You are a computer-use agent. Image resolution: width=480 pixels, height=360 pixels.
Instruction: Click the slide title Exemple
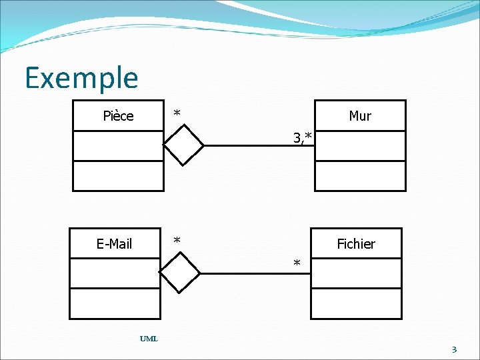pos(81,77)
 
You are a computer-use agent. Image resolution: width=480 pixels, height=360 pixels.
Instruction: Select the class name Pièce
pos(118,116)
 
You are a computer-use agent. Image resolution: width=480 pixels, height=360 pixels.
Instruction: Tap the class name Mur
pos(360,116)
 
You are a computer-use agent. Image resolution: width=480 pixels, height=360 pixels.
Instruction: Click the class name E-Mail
pos(115,244)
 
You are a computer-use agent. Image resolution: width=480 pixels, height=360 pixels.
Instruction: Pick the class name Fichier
pos(356,244)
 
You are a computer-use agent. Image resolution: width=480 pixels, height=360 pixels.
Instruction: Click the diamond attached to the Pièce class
pos(184,144)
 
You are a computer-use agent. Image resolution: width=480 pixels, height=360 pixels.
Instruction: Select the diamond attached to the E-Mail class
pos(180,273)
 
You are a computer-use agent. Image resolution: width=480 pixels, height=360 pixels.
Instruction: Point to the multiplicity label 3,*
pos(302,138)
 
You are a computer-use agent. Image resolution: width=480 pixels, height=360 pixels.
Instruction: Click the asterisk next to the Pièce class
pos(177,113)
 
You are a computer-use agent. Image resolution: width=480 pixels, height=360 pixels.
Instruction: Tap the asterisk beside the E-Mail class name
pos(177,240)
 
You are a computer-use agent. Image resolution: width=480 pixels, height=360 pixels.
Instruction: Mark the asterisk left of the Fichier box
pos(298,264)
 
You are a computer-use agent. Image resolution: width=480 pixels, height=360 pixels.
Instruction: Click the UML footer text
pos(149,339)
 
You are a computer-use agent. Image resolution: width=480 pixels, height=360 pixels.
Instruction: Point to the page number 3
pos(454,349)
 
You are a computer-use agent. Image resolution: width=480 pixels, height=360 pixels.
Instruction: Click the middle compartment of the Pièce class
pos(118,146)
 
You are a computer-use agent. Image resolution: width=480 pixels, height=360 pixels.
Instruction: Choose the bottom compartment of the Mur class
pos(360,176)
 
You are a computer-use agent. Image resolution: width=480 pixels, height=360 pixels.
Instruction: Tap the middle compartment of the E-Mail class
pos(115,273)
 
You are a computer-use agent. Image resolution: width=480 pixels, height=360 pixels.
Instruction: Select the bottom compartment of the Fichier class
pos(356,304)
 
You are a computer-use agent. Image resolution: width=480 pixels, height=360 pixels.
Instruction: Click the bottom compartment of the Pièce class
pos(118,176)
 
